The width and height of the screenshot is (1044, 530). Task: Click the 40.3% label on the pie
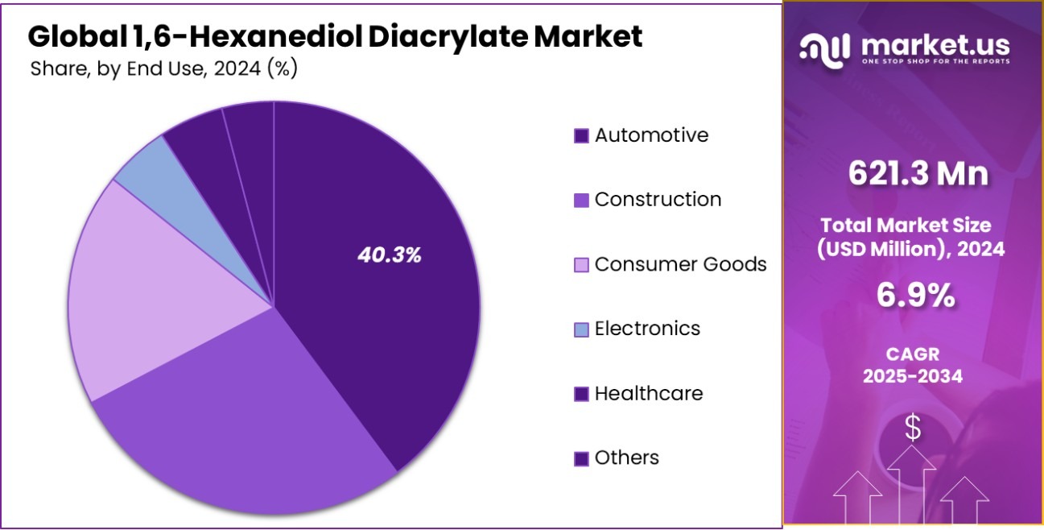click(390, 256)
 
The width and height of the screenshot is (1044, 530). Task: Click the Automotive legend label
click(651, 135)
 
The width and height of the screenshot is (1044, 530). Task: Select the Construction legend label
click(658, 200)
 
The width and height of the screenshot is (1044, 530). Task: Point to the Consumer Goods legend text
click(680, 264)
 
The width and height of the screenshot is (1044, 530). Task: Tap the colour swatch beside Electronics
click(581, 329)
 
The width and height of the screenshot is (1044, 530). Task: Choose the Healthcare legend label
click(648, 393)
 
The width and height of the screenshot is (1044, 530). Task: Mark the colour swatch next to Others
click(581, 458)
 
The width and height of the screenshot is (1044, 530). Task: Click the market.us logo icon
click(826, 49)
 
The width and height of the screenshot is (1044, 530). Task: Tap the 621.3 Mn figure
click(913, 173)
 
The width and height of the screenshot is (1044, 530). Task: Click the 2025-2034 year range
click(913, 375)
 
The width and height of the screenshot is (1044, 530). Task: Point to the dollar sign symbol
click(913, 428)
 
